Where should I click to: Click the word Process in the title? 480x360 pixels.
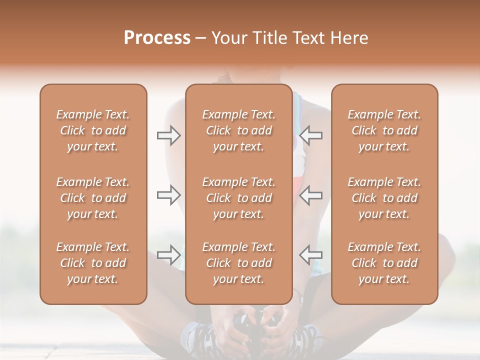[x=157, y=38]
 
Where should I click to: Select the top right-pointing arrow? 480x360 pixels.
[x=169, y=135]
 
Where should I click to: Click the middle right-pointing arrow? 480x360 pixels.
[x=169, y=194]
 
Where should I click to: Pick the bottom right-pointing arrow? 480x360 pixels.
[x=169, y=254]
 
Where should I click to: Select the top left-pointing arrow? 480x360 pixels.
[x=310, y=135]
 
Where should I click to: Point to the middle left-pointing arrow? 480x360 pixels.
[x=310, y=194]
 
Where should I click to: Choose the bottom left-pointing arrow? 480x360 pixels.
[x=310, y=254]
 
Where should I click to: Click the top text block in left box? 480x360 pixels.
[x=93, y=130]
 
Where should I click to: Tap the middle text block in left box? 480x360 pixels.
[x=93, y=198]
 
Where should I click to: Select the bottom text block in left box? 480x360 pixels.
[x=93, y=263]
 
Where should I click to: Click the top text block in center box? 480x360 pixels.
[x=238, y=130]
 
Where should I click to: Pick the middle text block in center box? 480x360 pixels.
[x=238, y=198]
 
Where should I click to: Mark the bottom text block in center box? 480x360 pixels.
[x=238, y=263]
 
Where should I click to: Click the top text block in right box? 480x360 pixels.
[x=384, y=130]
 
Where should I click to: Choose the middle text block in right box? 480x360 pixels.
[x=384, y=198]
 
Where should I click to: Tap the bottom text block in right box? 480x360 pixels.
[x=384, y=263]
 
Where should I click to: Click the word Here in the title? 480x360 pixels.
[x=349, y=38]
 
